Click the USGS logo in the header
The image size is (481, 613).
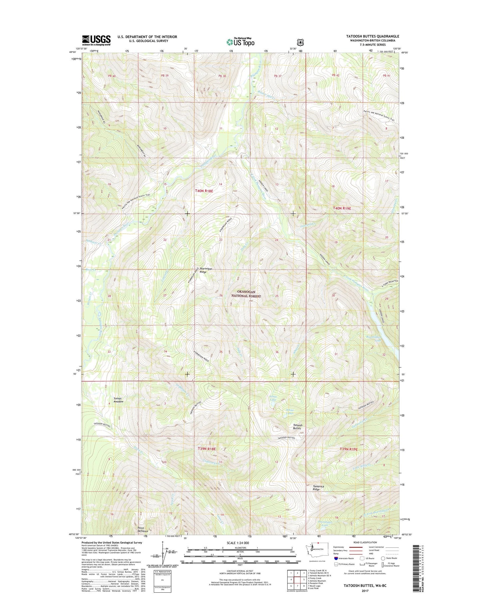coord(96,40)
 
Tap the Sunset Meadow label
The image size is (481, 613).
coord(118,400)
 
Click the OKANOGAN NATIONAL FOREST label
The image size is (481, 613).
coord(246,294)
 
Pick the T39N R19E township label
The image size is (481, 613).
coord(349,449)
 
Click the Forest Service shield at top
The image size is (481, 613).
coord(300,42)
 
